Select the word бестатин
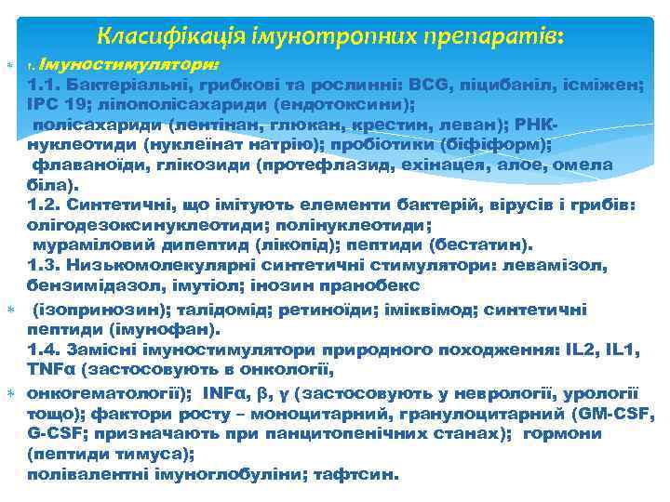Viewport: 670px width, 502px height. tap(490, 245)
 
